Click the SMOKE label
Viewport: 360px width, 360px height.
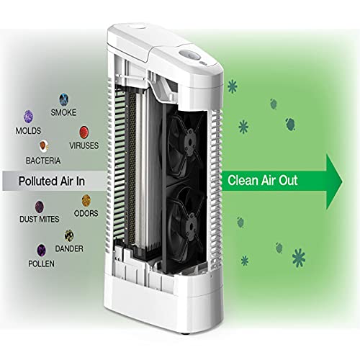[x=63, y=112]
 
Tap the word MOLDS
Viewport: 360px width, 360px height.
[x=28, y=131]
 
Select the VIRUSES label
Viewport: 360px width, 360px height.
[x=84, y=145]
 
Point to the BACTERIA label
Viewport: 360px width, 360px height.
[x=43, y=161]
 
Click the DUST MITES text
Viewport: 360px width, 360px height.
[x=40, y=219]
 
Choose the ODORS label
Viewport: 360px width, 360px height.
[x=86, y=213]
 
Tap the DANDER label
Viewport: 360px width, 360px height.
[x=69, y=248]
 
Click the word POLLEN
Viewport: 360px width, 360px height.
[x=41, y=264]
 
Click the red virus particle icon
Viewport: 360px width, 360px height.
[x=84, y=132]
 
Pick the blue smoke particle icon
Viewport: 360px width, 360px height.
[x=64, y=99]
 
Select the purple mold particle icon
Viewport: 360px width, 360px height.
[x=29, y=117]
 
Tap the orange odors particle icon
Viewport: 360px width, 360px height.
[x=86, y=201]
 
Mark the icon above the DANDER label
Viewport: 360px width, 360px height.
[x=69, y=235]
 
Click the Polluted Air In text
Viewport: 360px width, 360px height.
[x=52, y=181]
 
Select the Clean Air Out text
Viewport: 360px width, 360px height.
[x=263, y=180]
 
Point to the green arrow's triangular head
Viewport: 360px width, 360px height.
[x=334, y=181]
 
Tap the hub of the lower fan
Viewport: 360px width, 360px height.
[x=191, y=225]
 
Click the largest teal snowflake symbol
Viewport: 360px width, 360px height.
[x=299, y=258]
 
